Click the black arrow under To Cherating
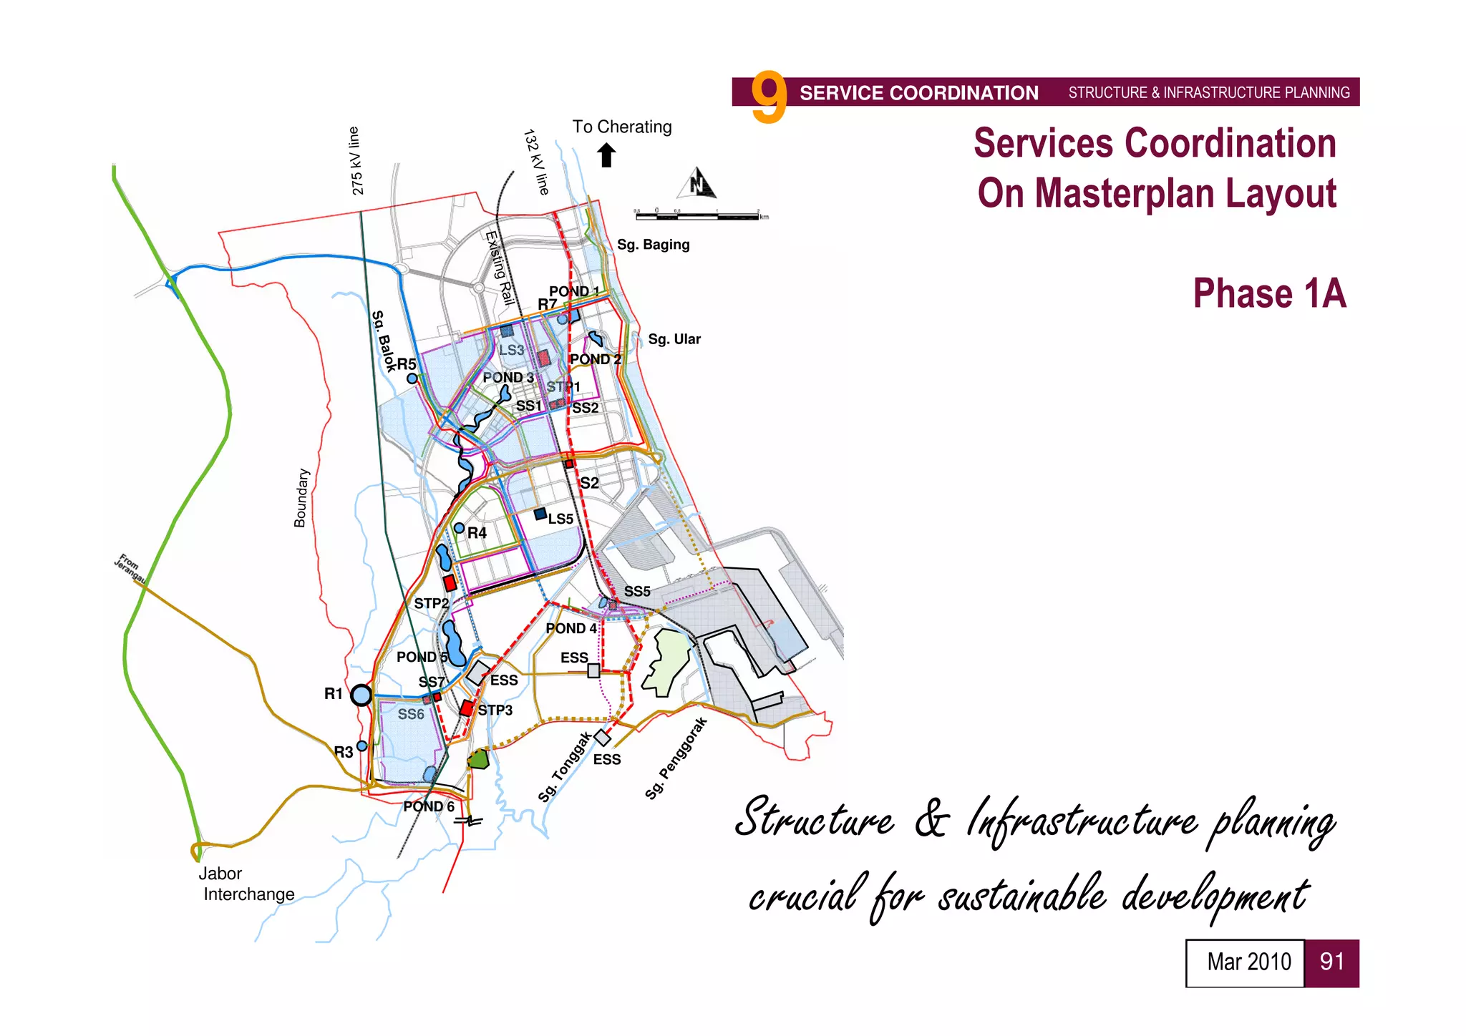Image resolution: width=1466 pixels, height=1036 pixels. (606, 155)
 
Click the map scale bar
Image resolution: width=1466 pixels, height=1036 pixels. (700, 214)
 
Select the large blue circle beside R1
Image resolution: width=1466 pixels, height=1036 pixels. (361, 695)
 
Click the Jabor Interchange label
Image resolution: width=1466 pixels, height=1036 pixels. (247, 884)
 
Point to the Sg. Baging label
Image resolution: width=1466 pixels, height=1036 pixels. (653, 245)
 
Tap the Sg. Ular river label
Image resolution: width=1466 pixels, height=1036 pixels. (674, 339)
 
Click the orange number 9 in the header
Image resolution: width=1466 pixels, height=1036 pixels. (769, 97)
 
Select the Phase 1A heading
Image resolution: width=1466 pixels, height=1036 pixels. (1268, 293)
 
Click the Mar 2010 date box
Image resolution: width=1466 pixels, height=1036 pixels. (1245, 962)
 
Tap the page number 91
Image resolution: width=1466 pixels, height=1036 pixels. (1331, 962)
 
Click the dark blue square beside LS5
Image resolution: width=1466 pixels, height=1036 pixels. (540, 514)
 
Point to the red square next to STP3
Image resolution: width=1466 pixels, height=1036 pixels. (467, 708)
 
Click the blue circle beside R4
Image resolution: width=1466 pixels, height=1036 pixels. (460, 528)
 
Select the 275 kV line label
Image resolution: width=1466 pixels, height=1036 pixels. (356, 161)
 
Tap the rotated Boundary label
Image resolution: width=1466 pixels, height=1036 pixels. (301, 498)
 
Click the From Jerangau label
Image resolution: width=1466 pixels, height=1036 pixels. (130, 567)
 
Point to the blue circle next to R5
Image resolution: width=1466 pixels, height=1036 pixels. (412, 378)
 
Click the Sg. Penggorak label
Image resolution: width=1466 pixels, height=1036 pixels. (676, 758)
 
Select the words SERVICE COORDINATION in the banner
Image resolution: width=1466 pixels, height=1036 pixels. (918, 93)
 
